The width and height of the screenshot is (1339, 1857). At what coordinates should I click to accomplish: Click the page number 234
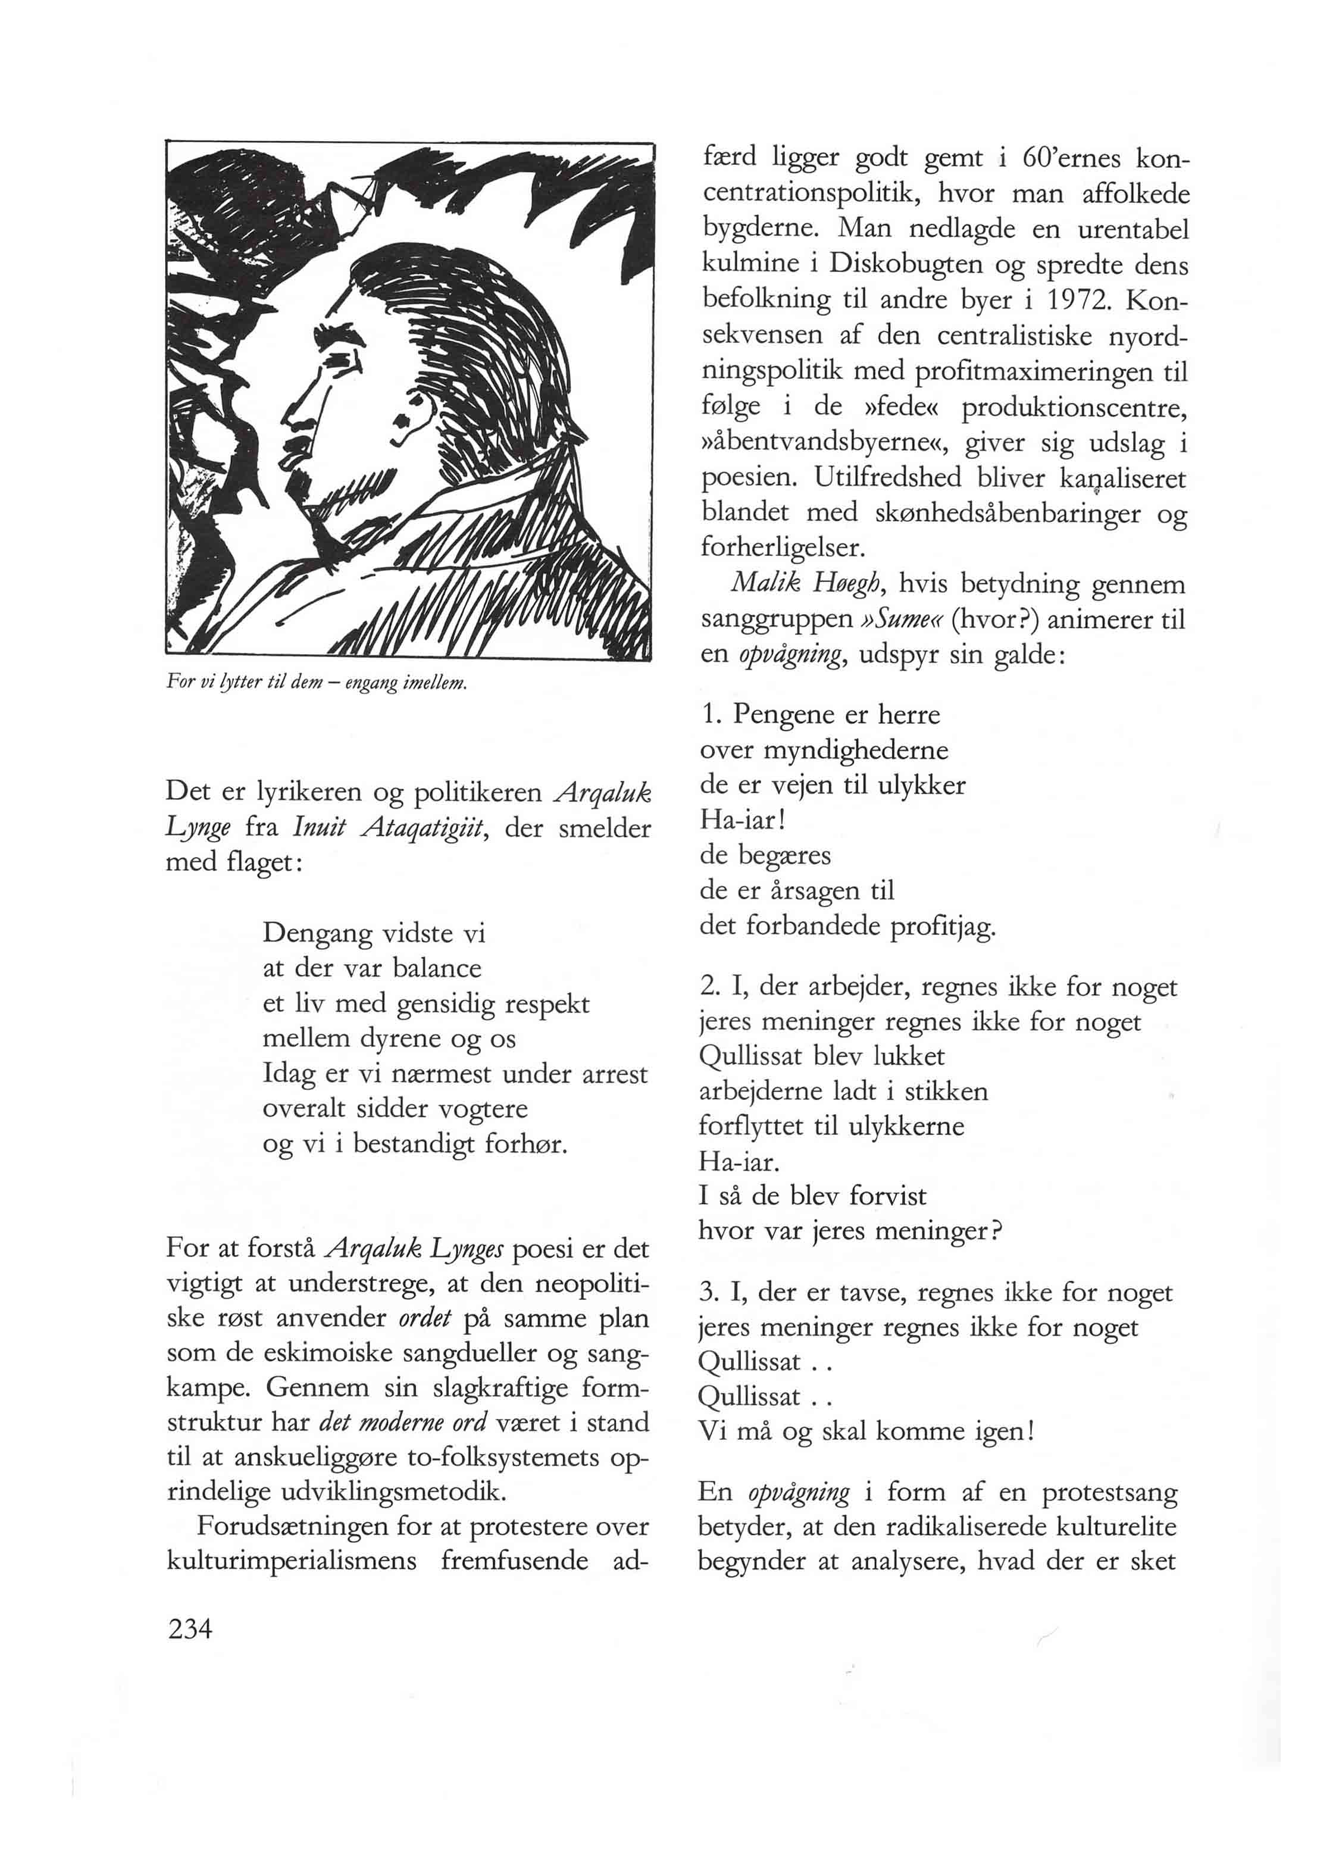point(190,1630)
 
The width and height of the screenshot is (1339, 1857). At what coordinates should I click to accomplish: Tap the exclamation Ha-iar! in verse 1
point(731,820)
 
